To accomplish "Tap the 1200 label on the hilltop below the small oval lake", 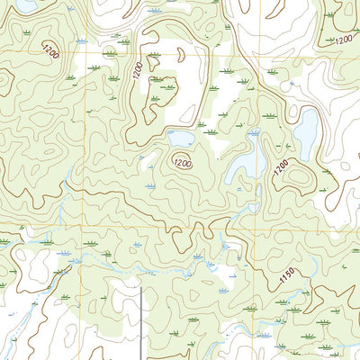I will [183, 163].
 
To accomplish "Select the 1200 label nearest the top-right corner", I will [343, 40].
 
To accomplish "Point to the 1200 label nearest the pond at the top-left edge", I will [50, 53].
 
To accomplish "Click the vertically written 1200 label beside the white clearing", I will [138, 70].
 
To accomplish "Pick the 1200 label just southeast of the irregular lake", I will [281, 166].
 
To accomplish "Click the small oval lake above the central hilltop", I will [180, 138].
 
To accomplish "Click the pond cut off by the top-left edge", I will [27, 4].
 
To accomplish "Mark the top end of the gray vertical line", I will [140, 288].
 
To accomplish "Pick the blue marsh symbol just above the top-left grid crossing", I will [82, 41].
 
